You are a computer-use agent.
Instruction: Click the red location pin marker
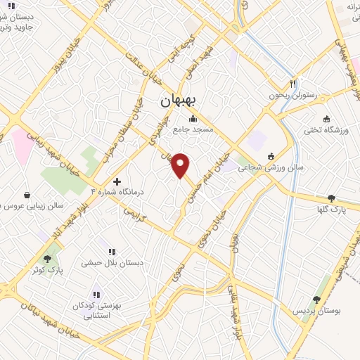click(x=181, y=165)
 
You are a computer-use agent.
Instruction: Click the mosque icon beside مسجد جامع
click(x=193, y=118)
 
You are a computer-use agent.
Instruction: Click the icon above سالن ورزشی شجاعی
click(x=271, y=156)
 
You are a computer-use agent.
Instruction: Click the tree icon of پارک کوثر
click(x=48, y=259)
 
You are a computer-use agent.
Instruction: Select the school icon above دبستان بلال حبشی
click(x=111, y=251)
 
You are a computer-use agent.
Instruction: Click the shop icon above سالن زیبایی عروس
click(x=27, y=195)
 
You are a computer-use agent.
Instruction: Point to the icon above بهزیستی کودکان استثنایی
click(x=96, y=295)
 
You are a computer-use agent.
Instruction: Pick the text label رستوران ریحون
click(x=292, y=94)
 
